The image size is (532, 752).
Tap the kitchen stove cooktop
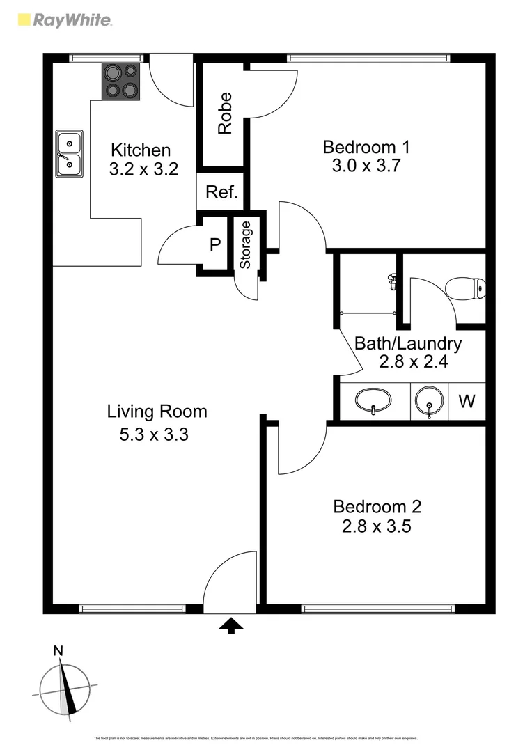[x=122, y=81]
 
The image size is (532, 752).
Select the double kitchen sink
[x=69, y=154]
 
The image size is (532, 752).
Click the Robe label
[x=224, y=113]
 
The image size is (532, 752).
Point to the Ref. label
[x=221, y=193]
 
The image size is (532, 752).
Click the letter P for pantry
[x=215, y=244]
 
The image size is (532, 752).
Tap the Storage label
[x=245, y=245]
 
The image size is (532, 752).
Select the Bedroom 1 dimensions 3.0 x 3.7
[x=366, y=166]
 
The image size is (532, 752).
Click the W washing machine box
[x=467, y=401]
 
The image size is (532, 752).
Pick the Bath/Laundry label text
[x=407, y=343]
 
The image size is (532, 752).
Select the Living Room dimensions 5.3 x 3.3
[x=155, y=435]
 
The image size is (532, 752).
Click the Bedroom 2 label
[x=377, y=507]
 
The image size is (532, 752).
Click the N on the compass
[x=58, y=652]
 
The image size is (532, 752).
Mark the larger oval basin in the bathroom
[x=373, y=401]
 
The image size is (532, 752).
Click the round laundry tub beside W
[x=428, y=402]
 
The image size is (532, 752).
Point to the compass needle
[x=68, y=689]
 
